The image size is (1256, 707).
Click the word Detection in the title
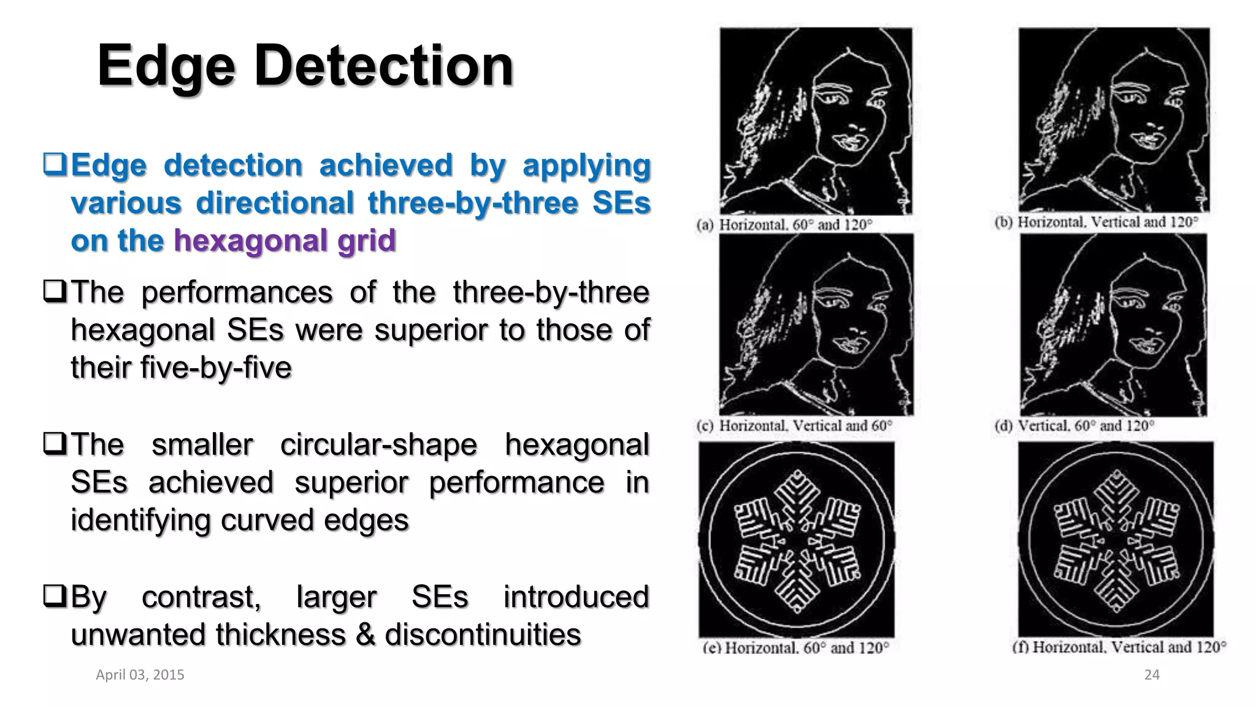(384, 66)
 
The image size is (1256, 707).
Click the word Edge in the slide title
(166, 66)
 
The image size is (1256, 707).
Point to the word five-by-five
(181, 368)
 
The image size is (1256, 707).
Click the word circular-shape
(378, 445)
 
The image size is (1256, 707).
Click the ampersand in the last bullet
(366, 635)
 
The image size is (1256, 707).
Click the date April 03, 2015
(140, 675)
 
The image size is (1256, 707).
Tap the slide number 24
(1152, 675)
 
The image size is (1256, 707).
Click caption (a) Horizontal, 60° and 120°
(784, 225)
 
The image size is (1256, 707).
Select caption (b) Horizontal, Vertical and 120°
(1096, 222)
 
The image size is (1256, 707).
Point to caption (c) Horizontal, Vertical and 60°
(794, 425)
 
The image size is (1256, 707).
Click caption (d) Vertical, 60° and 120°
(1074, 425)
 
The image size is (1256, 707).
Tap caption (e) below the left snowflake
(795, 647)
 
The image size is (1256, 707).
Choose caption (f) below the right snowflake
(1119, 647)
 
